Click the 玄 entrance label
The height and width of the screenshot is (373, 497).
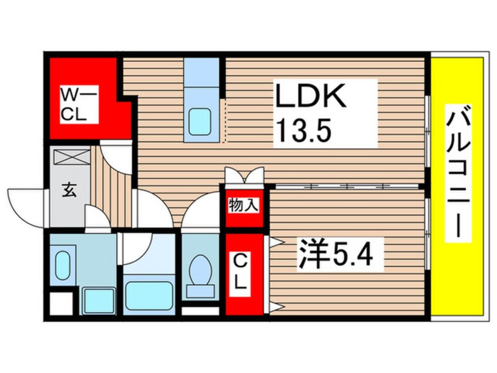(69, 191)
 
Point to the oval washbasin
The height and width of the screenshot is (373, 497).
(62, 265)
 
